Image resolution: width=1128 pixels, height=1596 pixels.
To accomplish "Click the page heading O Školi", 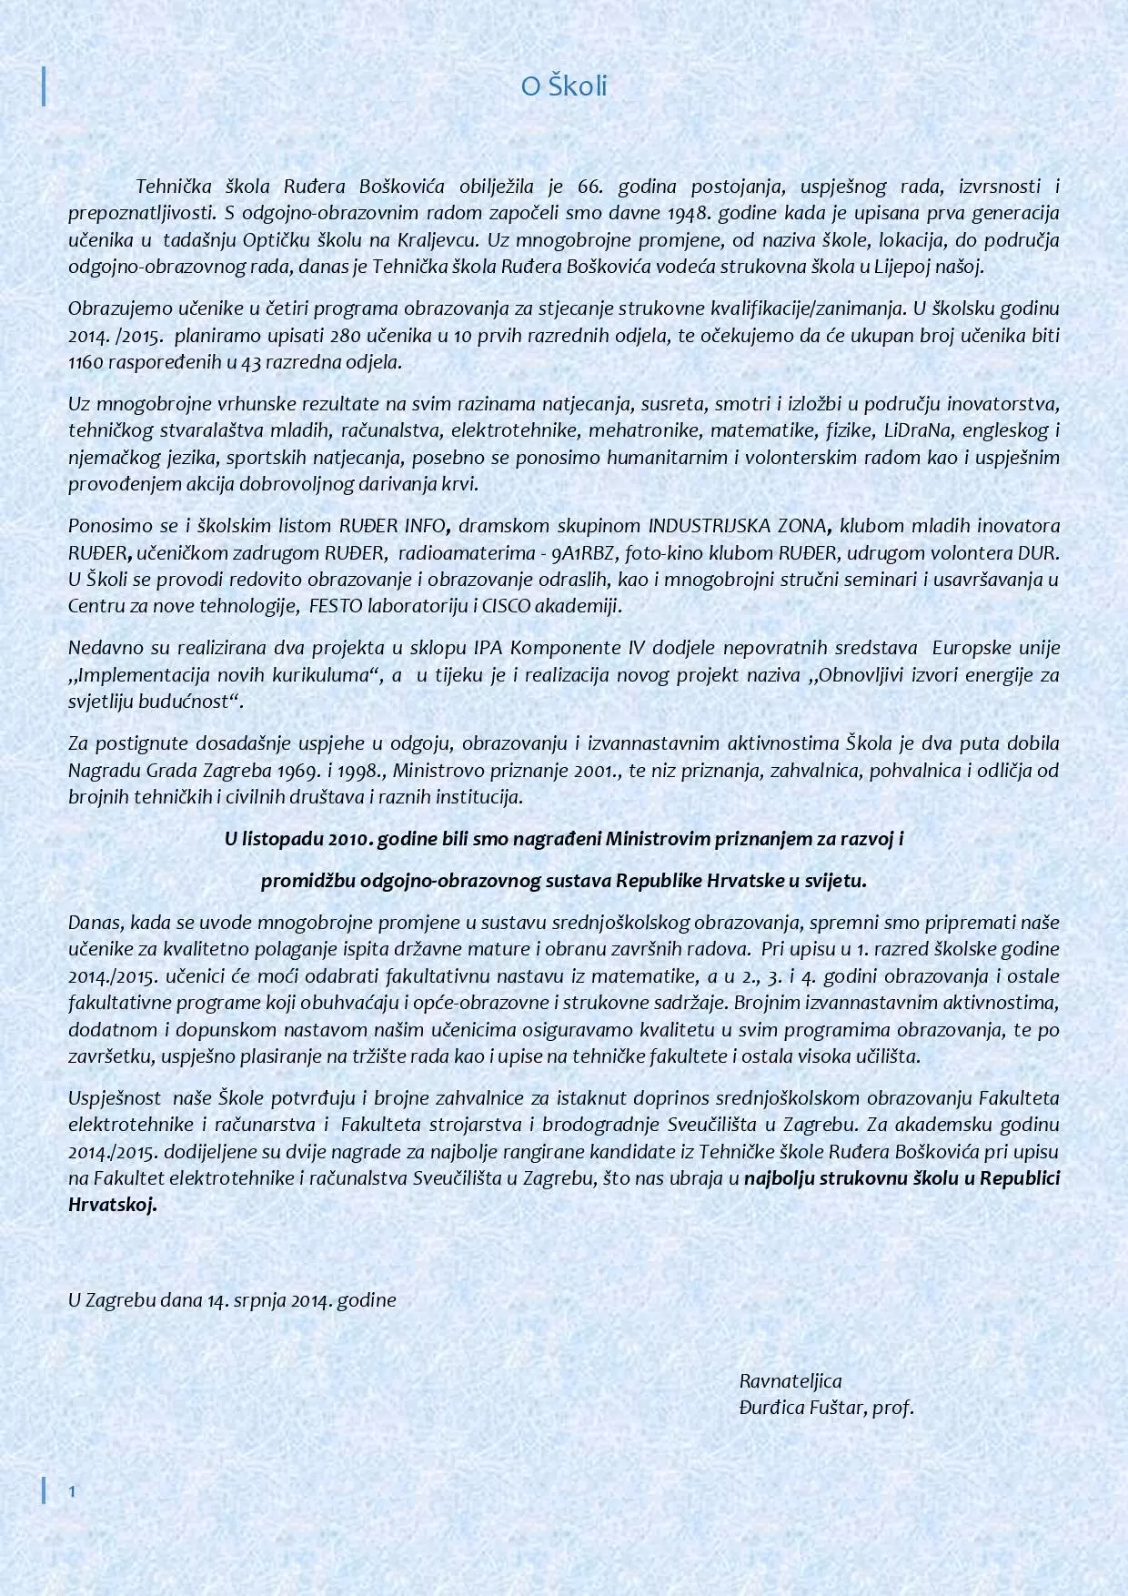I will (x=563, y=86).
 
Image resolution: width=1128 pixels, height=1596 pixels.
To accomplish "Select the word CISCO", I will (x=511, y=606).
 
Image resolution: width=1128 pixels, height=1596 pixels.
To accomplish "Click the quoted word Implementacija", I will (x=140, y=675).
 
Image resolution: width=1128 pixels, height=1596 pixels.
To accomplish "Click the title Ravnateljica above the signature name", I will (x=791, y=1381).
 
